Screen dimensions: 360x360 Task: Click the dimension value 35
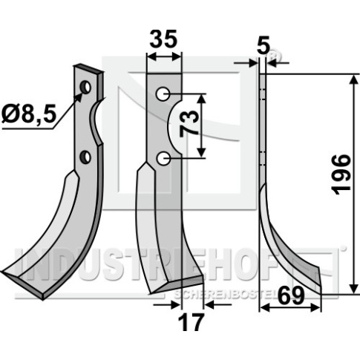163,39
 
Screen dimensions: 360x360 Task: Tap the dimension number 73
189,124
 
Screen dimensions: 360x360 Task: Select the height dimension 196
341,174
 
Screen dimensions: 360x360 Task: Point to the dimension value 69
290,295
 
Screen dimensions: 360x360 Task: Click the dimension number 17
191,321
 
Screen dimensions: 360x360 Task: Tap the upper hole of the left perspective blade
85,87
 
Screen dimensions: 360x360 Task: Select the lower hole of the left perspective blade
85,157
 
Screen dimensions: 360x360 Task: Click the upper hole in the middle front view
163,94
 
